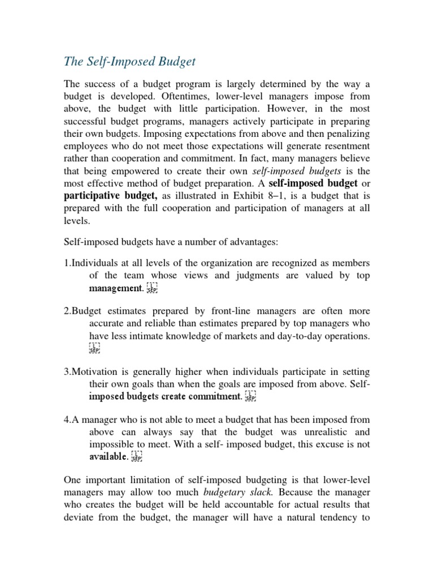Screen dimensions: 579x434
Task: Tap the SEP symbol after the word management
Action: tap(152, 289)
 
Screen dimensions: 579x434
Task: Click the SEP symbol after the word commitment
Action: tap(251, 397)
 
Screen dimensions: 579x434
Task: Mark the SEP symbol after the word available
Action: tap(137, 457)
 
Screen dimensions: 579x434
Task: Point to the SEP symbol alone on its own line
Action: tap(94, 348)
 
